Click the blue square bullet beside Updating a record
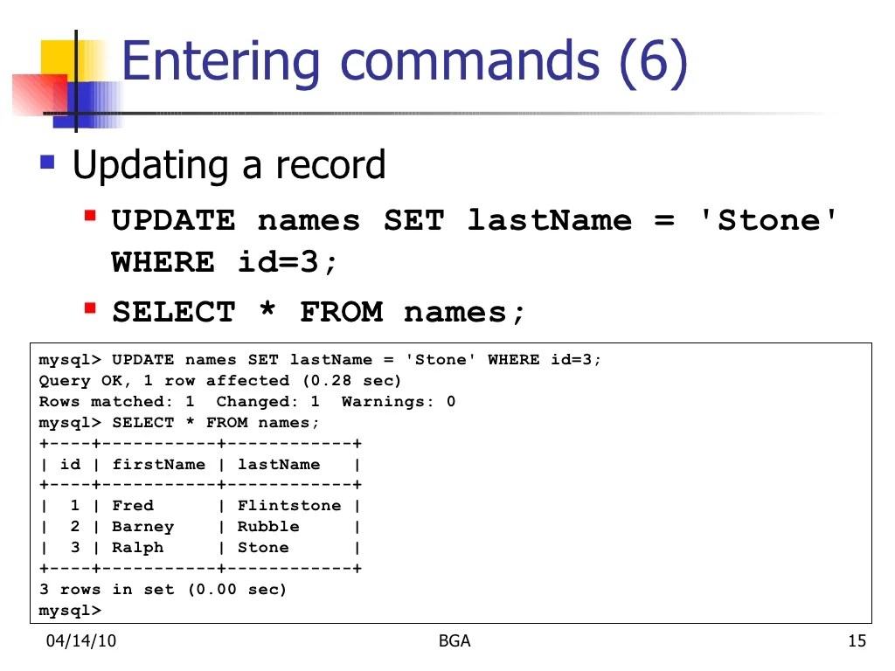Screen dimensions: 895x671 (x=47, y=162)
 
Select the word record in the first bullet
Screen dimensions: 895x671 (x=330, y=165)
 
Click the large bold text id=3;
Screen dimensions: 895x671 (x=288, y=262)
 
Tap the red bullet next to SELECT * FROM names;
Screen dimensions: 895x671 (x=90, y=308)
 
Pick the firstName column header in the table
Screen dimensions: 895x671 (x=158, y=465)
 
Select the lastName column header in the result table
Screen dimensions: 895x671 (x=279, y=465)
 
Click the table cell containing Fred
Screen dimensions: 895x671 (x=133, y=506)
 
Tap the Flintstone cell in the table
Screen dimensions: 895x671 (x=289, y=506)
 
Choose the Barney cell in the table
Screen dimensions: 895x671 (x=142, y=527)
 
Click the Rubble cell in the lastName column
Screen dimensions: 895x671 (x=268, y=527)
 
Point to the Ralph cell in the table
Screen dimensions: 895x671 (x=137, y=548)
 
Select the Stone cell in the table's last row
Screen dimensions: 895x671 (x=263, y=548)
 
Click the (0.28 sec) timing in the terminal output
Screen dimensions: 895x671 (x=351, y=381)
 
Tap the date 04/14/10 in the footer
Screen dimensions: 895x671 (x=81, y=641)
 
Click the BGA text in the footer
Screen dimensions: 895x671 (x=454, y=641)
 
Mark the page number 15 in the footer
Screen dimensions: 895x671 (x=857, y=641)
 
